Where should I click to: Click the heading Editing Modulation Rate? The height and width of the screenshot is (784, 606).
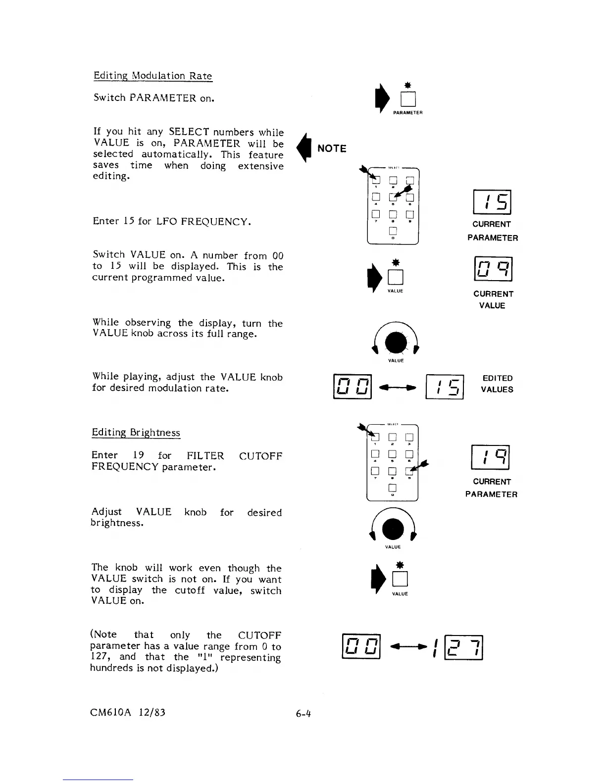[x=152, y=76]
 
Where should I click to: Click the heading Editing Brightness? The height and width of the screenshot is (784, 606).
[x=136, y=433]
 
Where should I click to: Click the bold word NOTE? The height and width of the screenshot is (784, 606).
[x=332, y=148]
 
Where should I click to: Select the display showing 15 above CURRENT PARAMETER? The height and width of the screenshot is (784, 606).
[x=492, y=202]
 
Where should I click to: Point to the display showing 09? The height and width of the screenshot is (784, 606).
[x=492, y=269]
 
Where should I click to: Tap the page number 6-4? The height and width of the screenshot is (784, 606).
[x=303, y=713]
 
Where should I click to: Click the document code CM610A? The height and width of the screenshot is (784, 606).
[x=110, y=712]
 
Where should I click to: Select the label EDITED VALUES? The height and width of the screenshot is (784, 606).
[x=497, y=384]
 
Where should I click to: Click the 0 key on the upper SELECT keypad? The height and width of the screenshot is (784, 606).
[x=393, y=231]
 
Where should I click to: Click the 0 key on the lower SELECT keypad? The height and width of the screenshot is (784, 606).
[x=392, y=488]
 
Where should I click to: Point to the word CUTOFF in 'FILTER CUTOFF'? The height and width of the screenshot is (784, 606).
[x=260, y=456]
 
